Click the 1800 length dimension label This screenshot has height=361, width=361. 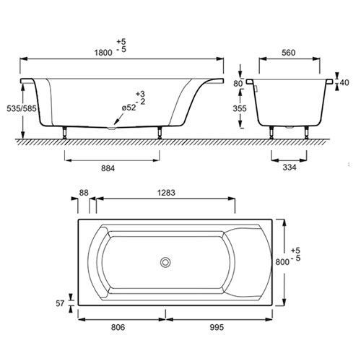click(x=103, y=53)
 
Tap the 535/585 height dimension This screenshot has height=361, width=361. click(x=22, y=108)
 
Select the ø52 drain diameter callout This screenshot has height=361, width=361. click(x=129, y=108)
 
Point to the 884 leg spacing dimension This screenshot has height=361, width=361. click(x=108, y=168)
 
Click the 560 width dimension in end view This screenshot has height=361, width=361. click(x=288, y=53)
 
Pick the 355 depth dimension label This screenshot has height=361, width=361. click(x=240, y=108)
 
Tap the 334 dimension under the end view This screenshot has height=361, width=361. click(x=290, y=168)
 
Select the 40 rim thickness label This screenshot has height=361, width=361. click(x=344, y=82)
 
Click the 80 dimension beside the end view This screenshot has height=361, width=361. click(x=238, y=84)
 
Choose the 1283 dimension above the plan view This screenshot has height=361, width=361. click(x=166, y=193)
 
